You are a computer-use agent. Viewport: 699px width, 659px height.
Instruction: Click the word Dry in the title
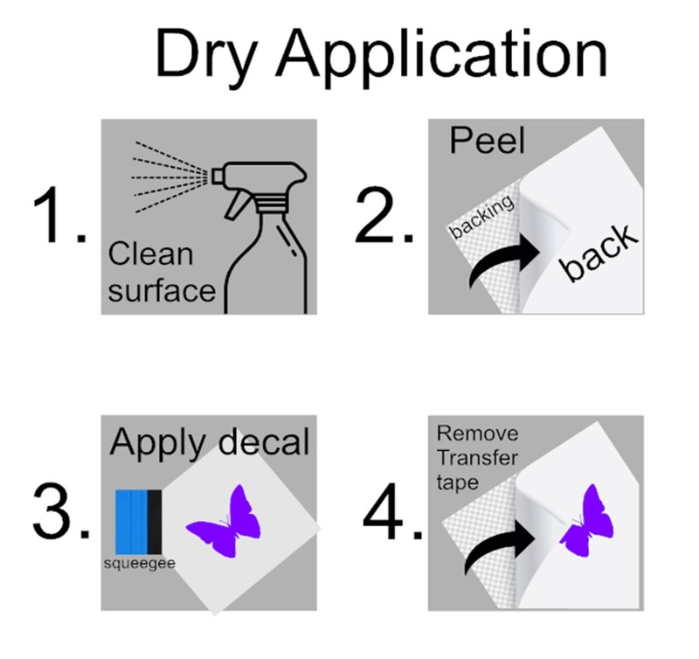207,58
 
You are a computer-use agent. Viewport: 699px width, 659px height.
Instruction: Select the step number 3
60,511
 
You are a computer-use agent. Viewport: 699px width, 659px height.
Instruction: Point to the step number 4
392,511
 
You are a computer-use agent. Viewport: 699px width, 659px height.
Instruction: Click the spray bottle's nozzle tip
216,176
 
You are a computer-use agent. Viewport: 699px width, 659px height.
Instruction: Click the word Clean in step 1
150,253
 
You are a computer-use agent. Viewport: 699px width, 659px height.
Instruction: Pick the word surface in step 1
162,291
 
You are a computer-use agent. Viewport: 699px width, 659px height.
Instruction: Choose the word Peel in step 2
487,141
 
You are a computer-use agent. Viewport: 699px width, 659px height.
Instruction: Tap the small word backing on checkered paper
482,217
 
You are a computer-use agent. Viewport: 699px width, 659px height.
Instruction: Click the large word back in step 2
599,253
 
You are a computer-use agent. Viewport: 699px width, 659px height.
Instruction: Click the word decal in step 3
265,441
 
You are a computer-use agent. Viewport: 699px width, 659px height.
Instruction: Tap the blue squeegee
138,522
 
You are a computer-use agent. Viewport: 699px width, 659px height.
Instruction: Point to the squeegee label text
139,564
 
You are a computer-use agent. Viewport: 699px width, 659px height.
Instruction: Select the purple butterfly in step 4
586,523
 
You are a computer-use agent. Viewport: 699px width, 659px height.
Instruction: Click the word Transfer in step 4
477,458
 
